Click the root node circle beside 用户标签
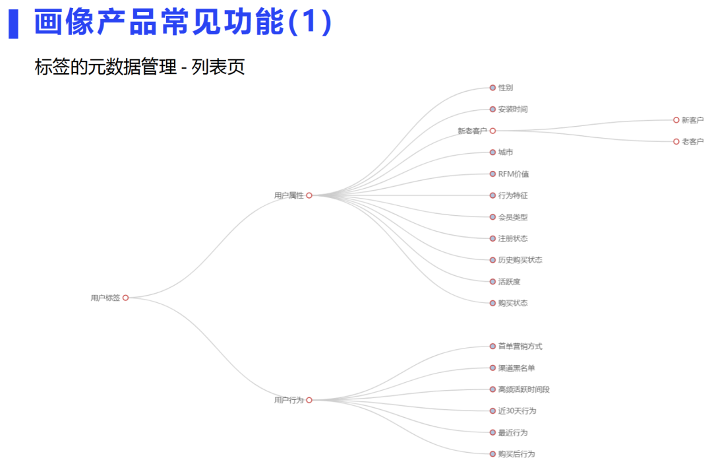(125, 298)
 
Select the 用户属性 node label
(289, 195)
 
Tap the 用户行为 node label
(289, 400)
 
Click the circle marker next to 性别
(492, 88)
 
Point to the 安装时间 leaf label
(513, 110)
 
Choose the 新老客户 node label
(472, 131)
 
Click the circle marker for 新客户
(676, 120)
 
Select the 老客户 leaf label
(692, 142)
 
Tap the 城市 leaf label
(506, 152)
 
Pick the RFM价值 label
(514, 174)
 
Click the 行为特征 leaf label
(513, 195)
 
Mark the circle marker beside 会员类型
(492, 217)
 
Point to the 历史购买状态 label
(520, 260)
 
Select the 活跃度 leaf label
(509, 282)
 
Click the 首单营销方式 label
(520, 346)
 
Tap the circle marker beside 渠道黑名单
(492, 368)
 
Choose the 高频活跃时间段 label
(524, 389)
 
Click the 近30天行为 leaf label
(517, 411)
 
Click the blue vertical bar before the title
(13, 24)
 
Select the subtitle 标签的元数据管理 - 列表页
(140, 67)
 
